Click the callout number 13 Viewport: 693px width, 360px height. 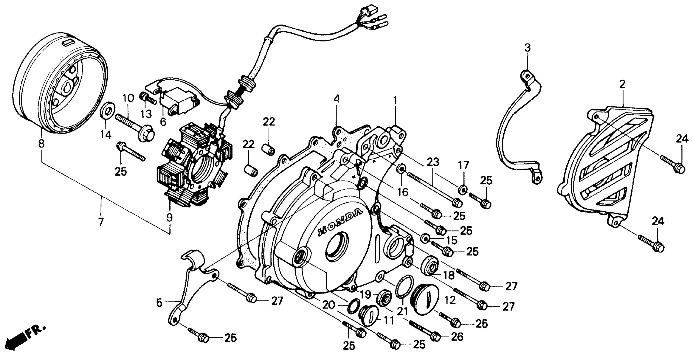[147, 115]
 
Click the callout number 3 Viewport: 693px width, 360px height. [528, 48]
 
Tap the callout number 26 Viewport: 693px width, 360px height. [457, 336]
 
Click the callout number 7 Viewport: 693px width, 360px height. [101, 222]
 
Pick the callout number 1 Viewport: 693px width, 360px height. [395, 100]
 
